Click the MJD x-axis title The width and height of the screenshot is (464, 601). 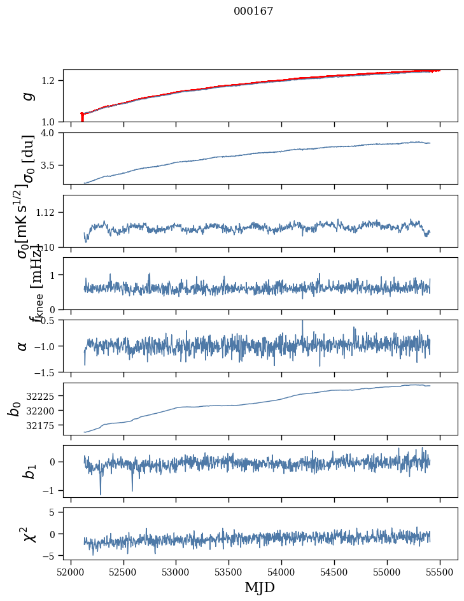pos(260,587)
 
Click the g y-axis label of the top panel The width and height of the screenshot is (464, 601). pos(26,96)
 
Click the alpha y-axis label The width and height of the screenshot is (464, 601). pos(22,346)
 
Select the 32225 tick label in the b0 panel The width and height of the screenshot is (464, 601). pos(44,396)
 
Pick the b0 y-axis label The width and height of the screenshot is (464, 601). pos(14,408)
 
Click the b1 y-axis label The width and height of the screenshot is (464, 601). pos(26,470)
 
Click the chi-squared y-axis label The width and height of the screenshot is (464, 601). pos(27,534)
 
